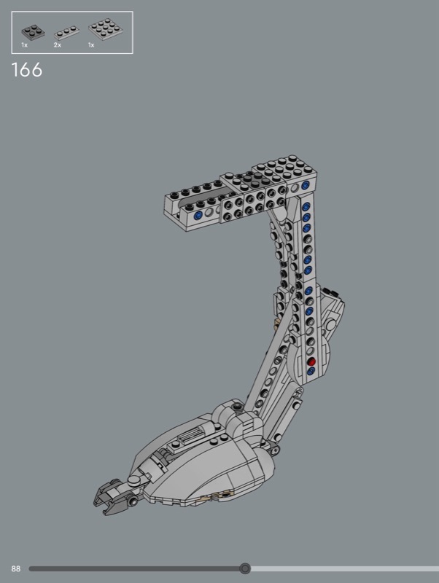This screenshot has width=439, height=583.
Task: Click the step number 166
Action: pos(27,70)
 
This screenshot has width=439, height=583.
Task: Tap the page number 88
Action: pos(15,568)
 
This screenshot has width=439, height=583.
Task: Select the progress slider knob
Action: pos(245,568)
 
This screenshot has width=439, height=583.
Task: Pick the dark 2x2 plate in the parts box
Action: pos(33,31)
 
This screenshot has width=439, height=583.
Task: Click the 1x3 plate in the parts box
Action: pos(66,33)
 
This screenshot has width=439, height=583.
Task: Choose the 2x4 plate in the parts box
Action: pos(106,29)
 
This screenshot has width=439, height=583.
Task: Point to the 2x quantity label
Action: pos(58,45)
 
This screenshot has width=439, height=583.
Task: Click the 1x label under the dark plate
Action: pos(25,45)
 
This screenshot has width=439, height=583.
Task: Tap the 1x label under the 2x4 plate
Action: pos(91,45)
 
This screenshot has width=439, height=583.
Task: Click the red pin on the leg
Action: pos(311,361)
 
